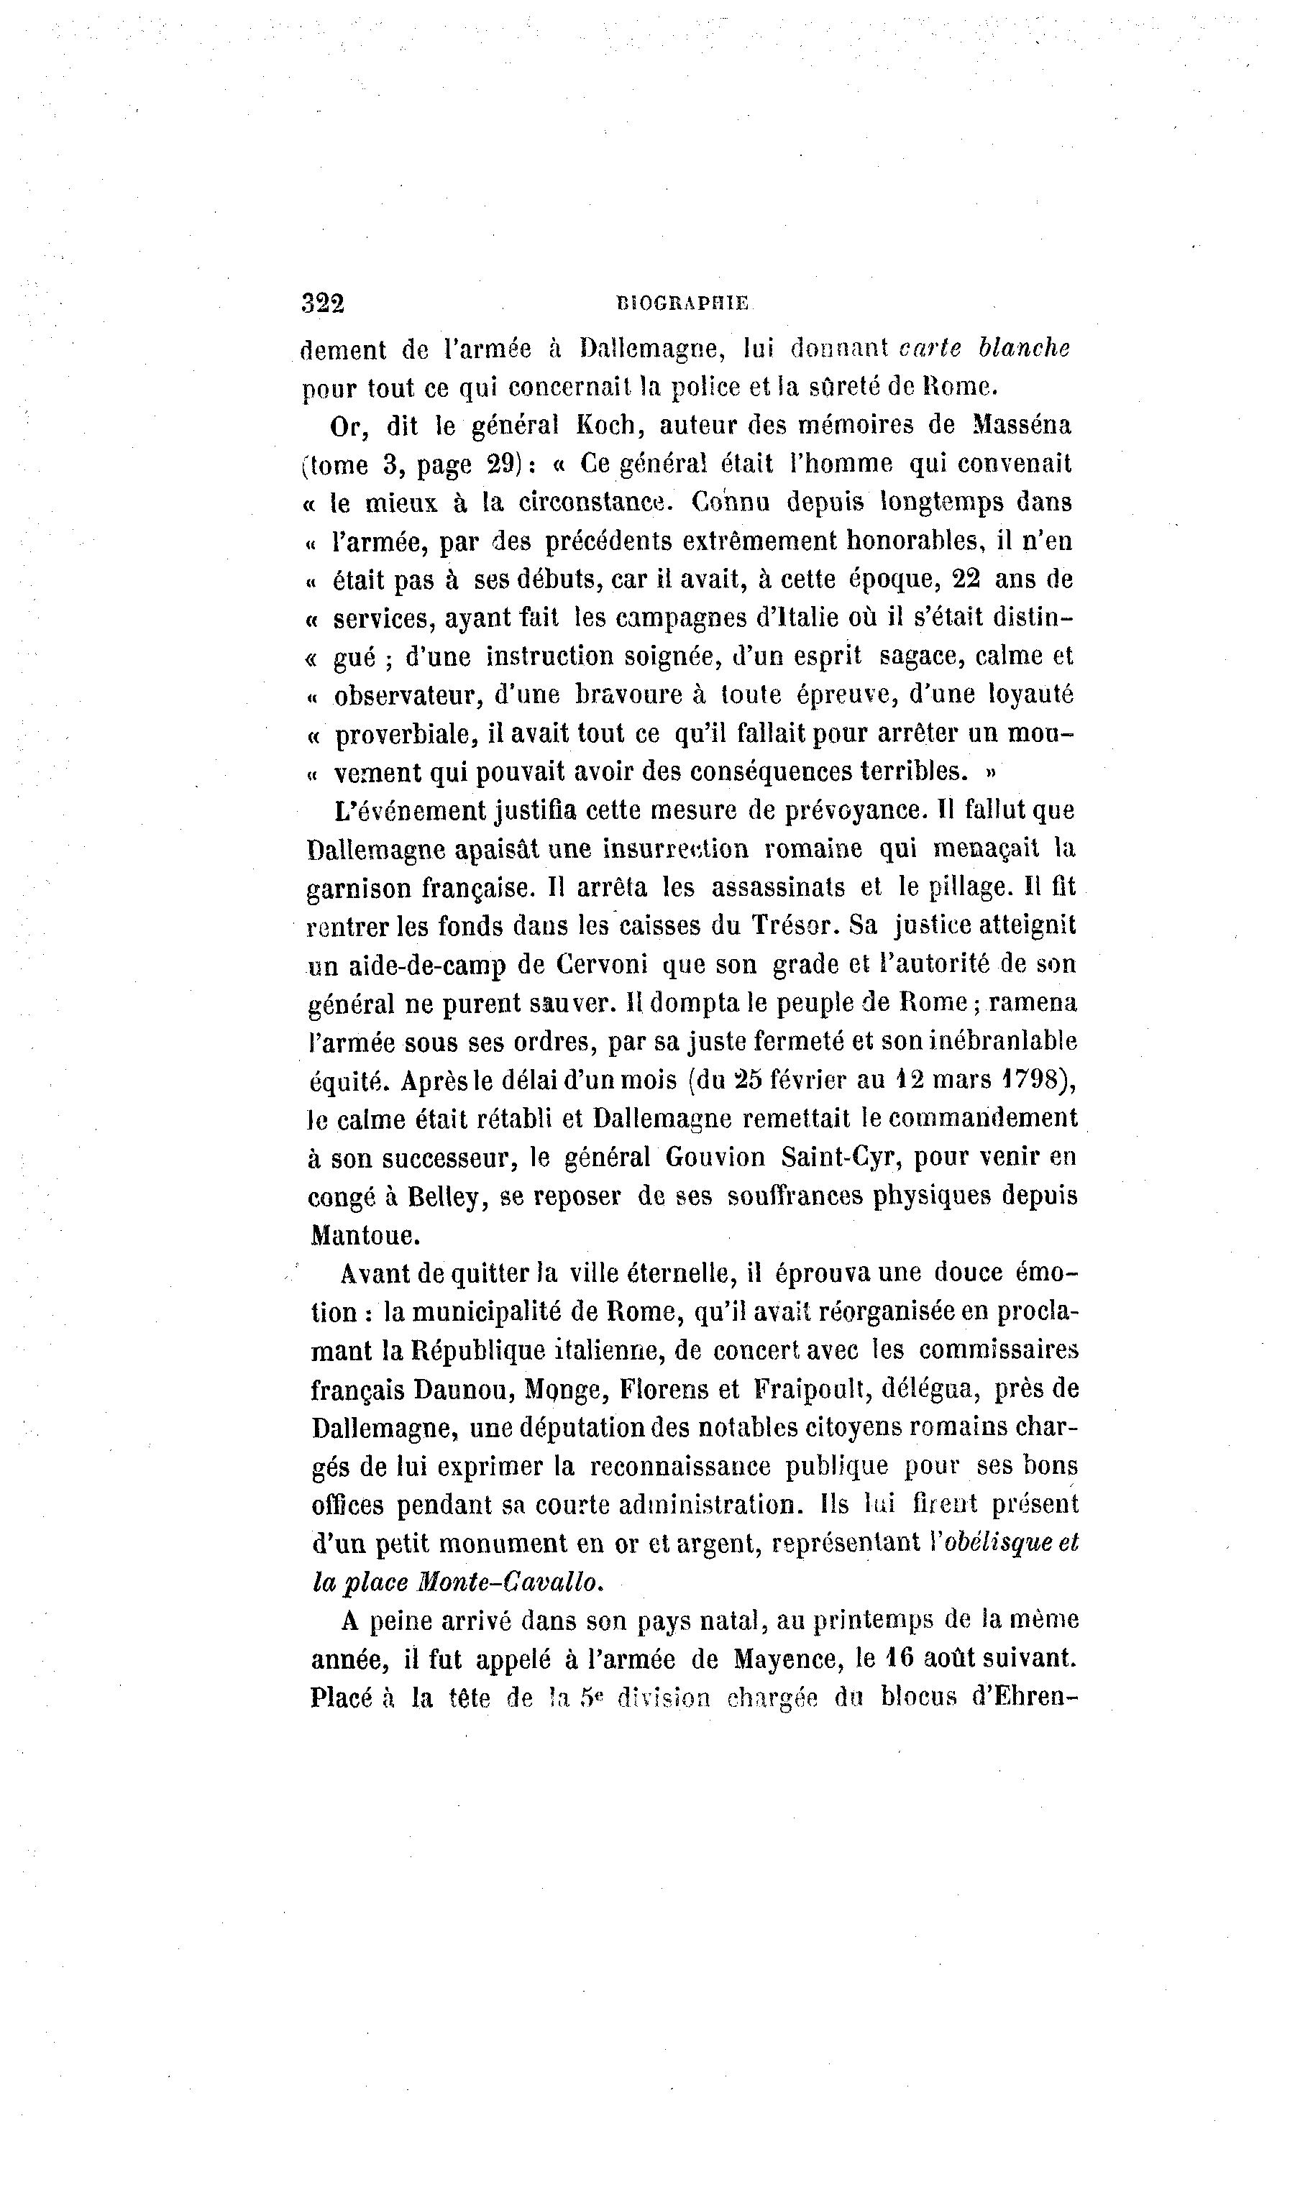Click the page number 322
click(x=323, y=303)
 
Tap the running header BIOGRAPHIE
click(x=682, y=303)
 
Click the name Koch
click(x=605, y=426)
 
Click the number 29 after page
click(x=503, y=464)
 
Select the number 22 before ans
click(x=967, y=579)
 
